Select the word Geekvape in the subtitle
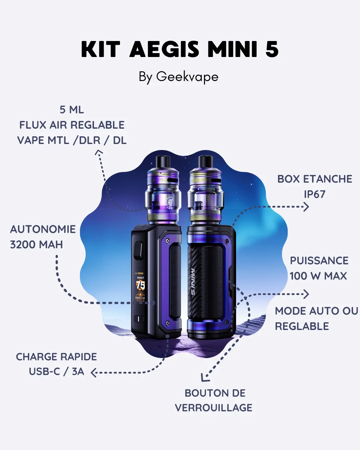click(x=187, y=77)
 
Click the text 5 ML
click(x=72, y=110)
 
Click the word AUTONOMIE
click(x=43, y=229)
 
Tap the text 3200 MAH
click(x=36, y=245)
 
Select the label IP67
click(x=314, y=194)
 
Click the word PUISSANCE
click(x=319, y=261)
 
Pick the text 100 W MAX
click(x=318, y=276)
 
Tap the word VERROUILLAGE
click(x=214, y=408)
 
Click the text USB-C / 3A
click(x=56, y=372)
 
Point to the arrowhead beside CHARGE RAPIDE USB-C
click(x=94, y=373)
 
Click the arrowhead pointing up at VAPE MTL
click(x=99, y=152)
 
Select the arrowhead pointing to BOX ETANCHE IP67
click(x=306, y=207)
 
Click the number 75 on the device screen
click(x=140, y=285)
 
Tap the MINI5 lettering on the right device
click(x=193, y=282)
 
